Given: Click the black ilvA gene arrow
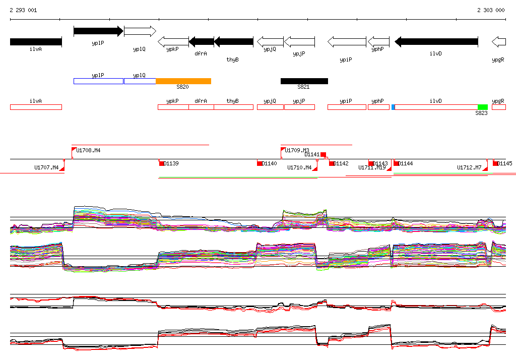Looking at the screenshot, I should tap(35, 42).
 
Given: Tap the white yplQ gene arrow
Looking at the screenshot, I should tap(140, 31).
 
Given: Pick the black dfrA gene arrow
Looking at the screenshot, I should tap(201, 42).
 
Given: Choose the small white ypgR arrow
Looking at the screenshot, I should tap(498, 42).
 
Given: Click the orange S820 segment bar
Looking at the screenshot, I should tap(183, 81).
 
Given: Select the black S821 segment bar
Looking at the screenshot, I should tap(304, 81).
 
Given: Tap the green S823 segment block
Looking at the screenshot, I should tap(482, 107).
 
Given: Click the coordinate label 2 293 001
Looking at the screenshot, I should tap(23, 10).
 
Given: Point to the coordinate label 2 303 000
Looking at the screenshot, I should tap(490, 10).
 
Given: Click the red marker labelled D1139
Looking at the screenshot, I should tap(162, 163).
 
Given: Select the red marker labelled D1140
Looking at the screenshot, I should tap(260, 163).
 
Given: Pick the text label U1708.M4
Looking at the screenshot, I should tap(88, 150).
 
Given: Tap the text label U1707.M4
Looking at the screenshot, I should tap(46, 167).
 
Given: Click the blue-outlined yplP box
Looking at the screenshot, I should tap(98, 81).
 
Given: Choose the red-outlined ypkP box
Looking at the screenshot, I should tap(173, 107).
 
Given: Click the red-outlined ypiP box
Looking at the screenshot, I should tap(347, 107).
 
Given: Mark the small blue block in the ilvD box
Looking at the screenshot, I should tap(393, 107).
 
